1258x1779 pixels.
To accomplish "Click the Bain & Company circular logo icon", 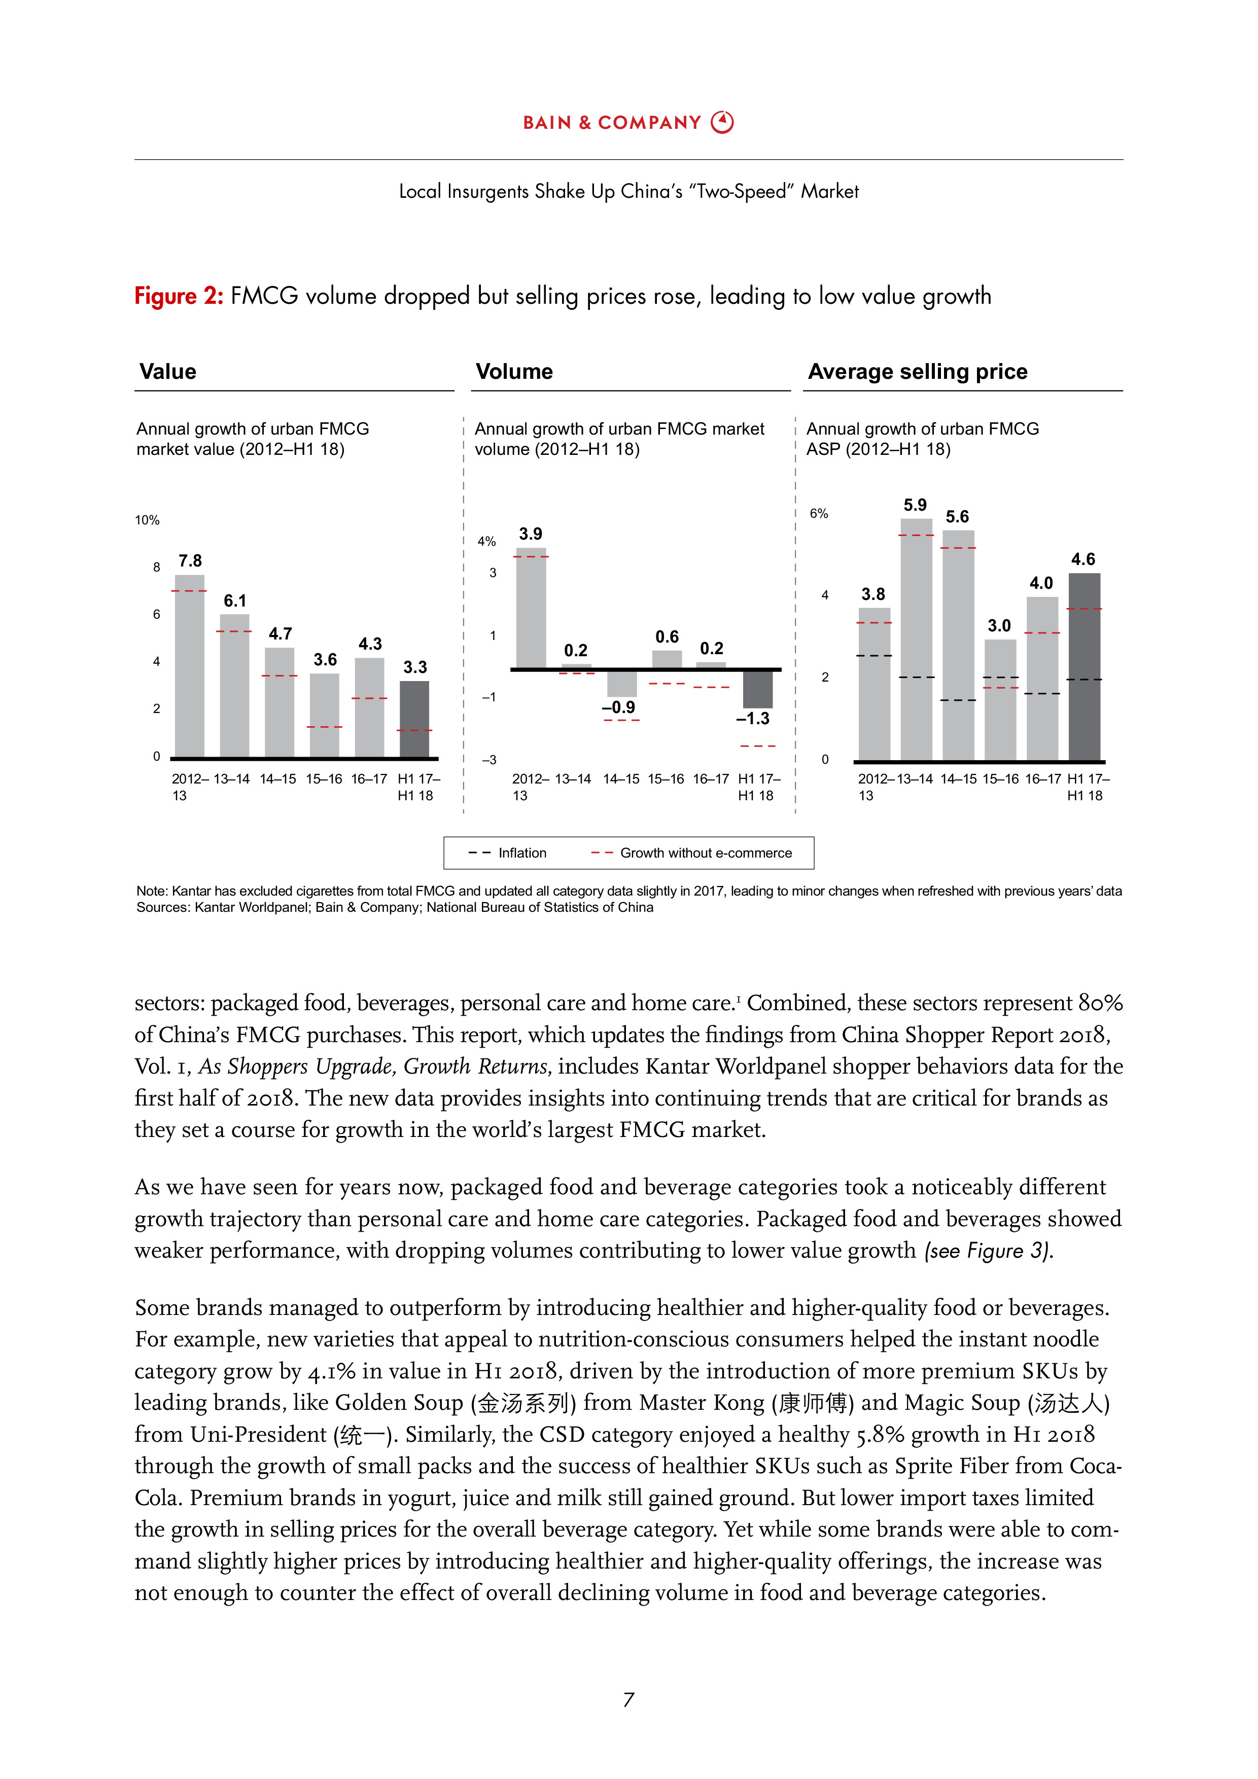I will tap(722, 122).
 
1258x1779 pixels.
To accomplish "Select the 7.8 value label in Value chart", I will tap(190, 561).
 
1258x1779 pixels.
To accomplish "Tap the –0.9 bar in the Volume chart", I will tap(621, 684).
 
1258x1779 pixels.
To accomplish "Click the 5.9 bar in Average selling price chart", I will tap(916, 639).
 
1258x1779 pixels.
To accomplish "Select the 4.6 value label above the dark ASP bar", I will tap(1083, 559).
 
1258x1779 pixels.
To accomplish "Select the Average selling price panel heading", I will tap(917, 372).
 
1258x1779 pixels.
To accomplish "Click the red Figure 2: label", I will tap(178, 296).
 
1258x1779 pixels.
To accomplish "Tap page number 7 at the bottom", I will tap(628, 1699).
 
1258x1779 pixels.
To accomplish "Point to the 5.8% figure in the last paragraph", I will tap(880, 1434).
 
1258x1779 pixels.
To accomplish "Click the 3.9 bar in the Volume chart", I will tap(531, 608).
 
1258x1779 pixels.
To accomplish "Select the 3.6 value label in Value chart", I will tap(325, 659).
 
